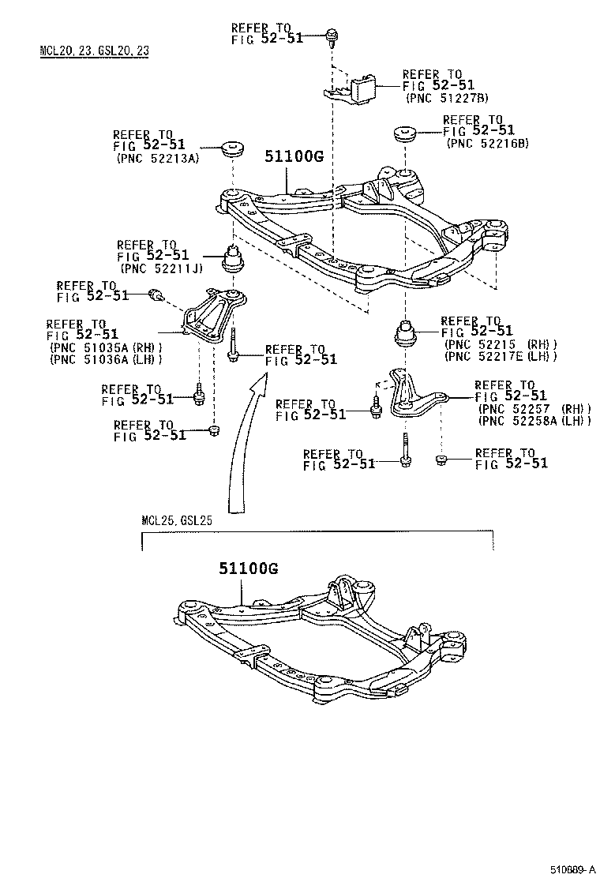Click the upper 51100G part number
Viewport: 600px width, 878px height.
[289, 156]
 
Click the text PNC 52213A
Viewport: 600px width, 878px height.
[156, 158]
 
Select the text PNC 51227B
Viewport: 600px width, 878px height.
[447, 98]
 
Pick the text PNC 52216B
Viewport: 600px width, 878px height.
[487, 143]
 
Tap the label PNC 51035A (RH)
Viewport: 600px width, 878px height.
[106, 347]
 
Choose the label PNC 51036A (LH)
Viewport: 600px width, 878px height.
[106, 359]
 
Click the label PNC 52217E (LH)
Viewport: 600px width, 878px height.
[501, 356]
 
